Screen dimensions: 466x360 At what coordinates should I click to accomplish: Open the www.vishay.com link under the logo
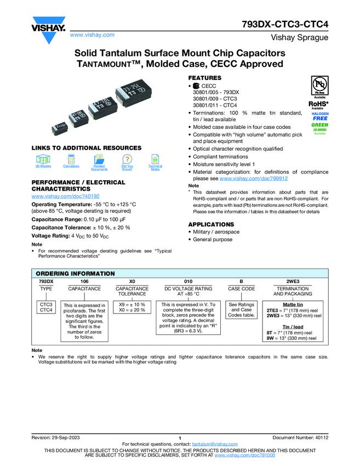92,35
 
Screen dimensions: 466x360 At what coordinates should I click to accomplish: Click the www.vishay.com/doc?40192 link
66,196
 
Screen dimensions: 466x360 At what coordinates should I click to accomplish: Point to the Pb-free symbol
318,85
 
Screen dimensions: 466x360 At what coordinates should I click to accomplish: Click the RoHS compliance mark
318,103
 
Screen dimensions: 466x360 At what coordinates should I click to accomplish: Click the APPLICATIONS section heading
211,224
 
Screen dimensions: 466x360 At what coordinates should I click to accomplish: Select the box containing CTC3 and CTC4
46,307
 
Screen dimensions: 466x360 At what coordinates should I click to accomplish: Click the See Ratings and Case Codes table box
241,310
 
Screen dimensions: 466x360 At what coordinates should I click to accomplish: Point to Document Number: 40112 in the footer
300,437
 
